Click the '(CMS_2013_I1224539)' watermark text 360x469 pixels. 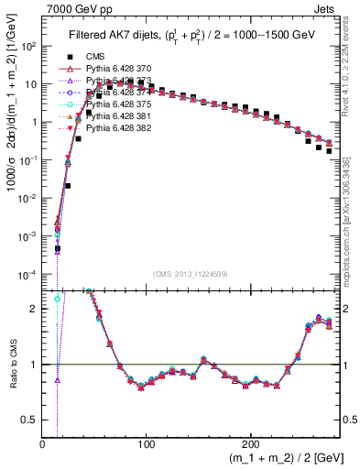191,274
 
